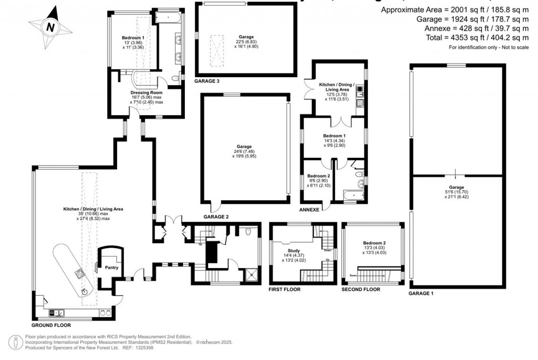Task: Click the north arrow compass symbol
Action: [50, 26]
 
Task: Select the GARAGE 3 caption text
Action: [207, 81]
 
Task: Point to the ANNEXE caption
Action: [309, 209]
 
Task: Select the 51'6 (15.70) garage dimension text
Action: [456, 193]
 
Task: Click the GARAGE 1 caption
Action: [421, 293]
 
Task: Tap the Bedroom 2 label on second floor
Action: [374, 243]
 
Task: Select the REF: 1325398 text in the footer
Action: [136, 347]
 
